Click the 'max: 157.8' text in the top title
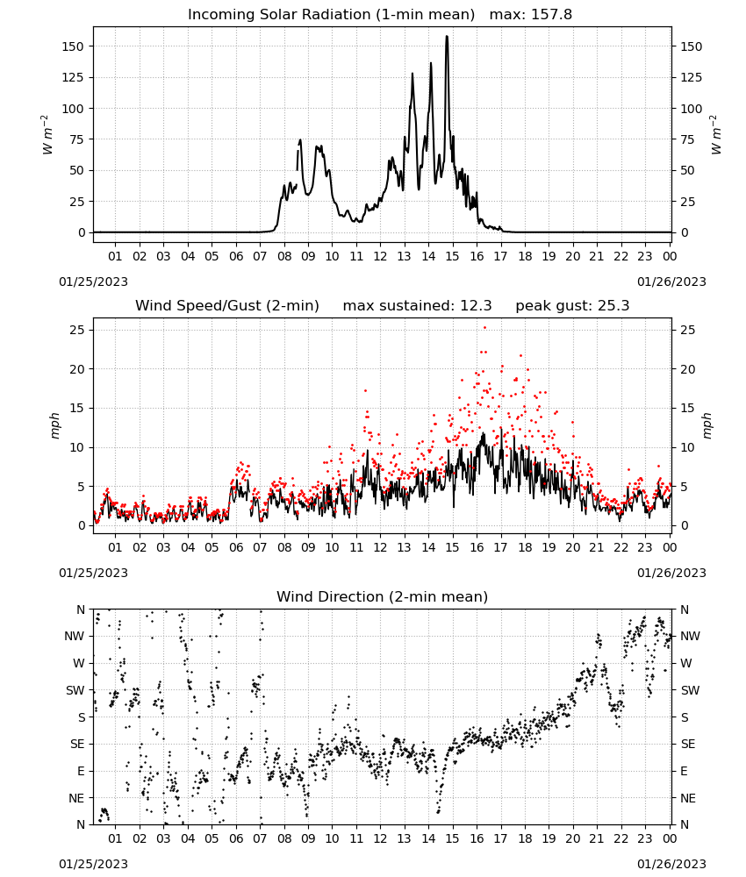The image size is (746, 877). pyautogui.click(x=531, y=15)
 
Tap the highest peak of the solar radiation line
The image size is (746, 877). pyautogui.click(x=447, y=36)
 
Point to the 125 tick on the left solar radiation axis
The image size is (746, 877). pyautogui.click(x=73, y=77)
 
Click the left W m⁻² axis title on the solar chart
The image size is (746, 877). pyautogui.click(x=47, y=134)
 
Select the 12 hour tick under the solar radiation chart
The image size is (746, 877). pyautogui.click(x=380, y=256)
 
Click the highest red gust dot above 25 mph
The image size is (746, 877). pyautogui.click(x=484, y=328)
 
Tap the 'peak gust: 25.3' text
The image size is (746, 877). pyautogui.click(x=572, y=306)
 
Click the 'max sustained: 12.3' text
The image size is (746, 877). pyautogui.click(x=418, y=306)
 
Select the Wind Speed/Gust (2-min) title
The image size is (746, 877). pyautogui.click(x=227, y=306)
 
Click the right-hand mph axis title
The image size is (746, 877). pyautogui.click(x=707, y=425)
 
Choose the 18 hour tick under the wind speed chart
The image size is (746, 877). pyautogui.click(x=524, y=547)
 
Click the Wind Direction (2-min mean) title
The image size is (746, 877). pyautogui.click(x=383, y=596)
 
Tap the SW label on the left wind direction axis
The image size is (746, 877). pyautogui.click(x=75, y=690)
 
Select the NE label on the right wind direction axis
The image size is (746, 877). pyautogui.click(x=688, y=798)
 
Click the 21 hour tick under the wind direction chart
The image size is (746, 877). pyautogui.click(x=597, y=838)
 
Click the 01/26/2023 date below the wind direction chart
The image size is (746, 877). pyautogui.click(x=671, y=864)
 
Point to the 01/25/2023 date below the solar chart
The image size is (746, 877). pyautogui.click(x=93, y=282)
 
